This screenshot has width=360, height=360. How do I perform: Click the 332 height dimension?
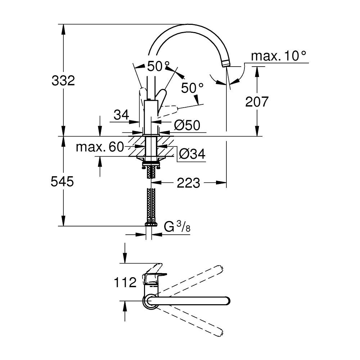pos(63,80)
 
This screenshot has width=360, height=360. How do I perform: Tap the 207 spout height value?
pos(257,102)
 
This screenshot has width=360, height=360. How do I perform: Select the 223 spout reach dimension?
pos(188,183)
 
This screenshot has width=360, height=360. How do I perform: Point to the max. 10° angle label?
pos(279,56)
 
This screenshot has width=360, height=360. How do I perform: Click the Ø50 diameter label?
pos(187,125)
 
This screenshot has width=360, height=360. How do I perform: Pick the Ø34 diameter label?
pos(192,154)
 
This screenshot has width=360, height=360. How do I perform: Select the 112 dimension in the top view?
pos(125,282)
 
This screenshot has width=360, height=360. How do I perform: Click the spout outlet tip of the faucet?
pos(226,64)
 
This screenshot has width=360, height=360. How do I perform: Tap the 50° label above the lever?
pos(158,66)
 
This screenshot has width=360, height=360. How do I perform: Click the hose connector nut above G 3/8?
pos(151,224)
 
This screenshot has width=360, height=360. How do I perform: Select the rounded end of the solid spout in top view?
pos(226,301)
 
